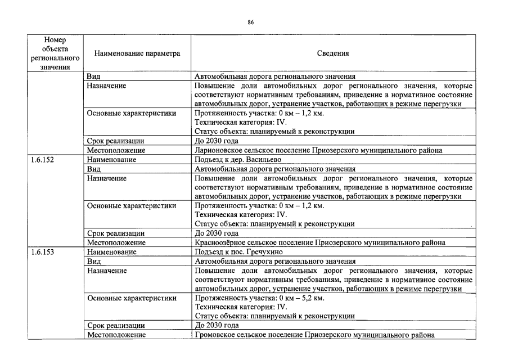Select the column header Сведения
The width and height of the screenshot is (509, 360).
(x=333, y=54)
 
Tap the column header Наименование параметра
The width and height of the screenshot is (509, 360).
(x=137, y=54)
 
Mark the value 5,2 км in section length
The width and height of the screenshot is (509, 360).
(x=311, y=298)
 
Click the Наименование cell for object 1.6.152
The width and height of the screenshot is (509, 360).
(x=111, y=160)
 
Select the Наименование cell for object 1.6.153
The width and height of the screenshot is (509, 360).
(x=111, y=252)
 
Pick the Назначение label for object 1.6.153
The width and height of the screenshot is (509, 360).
(x=106, y=271)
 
